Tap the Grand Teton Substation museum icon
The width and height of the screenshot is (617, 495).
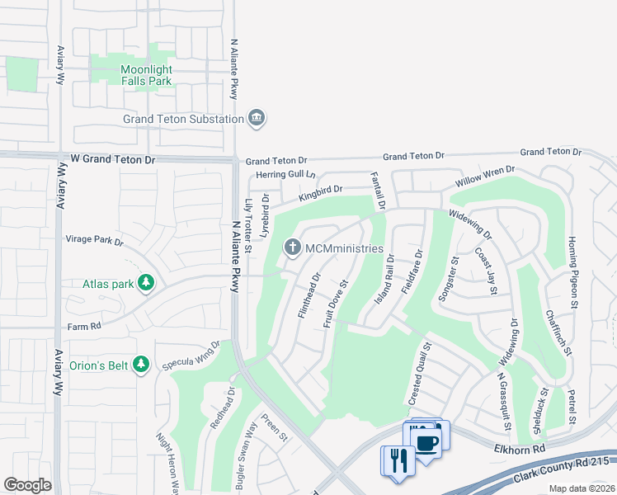(257, 118)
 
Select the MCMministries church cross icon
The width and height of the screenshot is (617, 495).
(291, 247)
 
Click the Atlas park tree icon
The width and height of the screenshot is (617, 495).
(146, 284)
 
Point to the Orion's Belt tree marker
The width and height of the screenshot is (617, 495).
(141, 363)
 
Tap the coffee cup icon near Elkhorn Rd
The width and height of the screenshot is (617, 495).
(426, 443)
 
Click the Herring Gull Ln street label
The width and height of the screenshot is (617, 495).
(286, 174)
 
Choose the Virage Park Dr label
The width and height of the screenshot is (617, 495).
(94, 242)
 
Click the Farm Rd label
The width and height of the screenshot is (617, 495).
(83, 326)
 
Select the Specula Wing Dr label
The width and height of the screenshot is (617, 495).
(191, 356)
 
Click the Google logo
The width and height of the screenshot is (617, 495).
(27, 485)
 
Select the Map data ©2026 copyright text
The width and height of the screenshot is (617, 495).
(582, 488)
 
